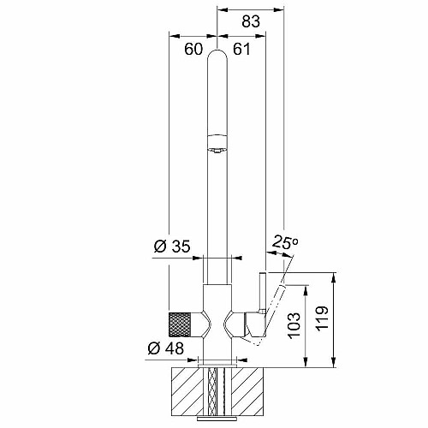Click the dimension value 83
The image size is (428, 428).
(x=251, y=21)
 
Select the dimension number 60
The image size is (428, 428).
(x=193, y=49)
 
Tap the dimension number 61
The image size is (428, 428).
(x=241, y=49)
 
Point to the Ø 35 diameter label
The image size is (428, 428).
(x=172, y=247)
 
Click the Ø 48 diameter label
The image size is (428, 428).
(x=166, y=348)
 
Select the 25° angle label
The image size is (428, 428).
(x=285, y=242)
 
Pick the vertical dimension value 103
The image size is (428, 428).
(x=294, y=326)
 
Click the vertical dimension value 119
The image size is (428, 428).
(x=322, y=318)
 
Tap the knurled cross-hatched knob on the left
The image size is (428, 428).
(x=180, y=324)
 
